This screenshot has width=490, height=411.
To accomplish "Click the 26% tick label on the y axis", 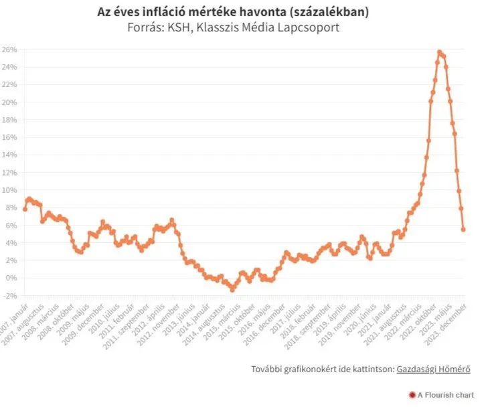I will pos(9,50).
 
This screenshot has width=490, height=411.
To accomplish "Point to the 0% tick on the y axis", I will pos(11,278).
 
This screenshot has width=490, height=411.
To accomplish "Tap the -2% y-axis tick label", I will pos(9,295).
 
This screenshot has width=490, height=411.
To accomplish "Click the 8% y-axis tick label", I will pos(11,208).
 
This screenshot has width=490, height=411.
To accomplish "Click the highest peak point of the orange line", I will pos(440,52).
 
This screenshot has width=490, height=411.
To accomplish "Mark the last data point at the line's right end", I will pos(463,230).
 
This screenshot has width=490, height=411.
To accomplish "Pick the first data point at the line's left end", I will pos(25,209).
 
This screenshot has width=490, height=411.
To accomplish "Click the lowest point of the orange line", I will pos(232,290).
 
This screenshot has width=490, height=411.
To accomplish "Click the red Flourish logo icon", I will pos(411,396).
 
